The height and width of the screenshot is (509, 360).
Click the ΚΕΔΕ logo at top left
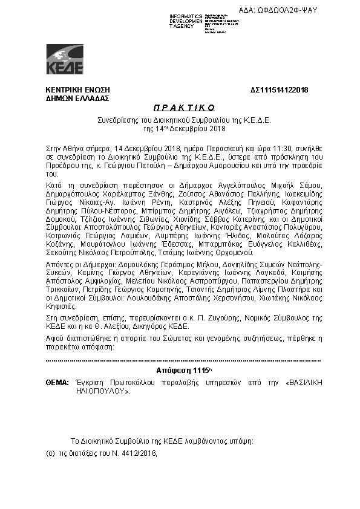coord(65,59)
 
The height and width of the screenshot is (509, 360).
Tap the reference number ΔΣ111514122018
coord(279,90)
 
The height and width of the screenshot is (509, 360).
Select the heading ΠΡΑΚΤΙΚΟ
coord(180,108)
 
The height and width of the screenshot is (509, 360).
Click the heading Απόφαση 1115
coord(180,370)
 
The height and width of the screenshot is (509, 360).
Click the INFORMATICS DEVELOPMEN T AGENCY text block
coord(185,21)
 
